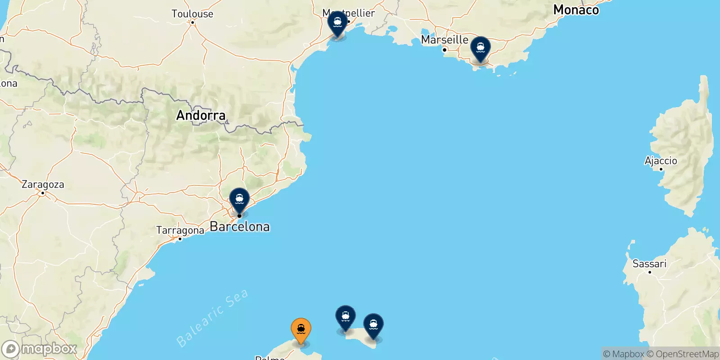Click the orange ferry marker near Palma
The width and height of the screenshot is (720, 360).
(x=301, y=330)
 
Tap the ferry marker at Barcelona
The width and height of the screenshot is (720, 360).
(x=239, y=199)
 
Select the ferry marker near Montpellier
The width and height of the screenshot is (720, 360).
(x=337, y=23)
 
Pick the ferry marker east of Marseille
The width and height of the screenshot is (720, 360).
(x=481, y=48)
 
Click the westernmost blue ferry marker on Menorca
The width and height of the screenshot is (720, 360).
(x=346, y=317)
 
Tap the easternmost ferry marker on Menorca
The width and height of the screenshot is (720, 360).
(x=373, y=325)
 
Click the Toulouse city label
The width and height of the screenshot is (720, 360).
(x=192, y=14)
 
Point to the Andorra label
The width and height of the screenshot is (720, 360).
(x=201, y=116)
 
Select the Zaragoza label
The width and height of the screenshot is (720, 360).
(x=43, y=184)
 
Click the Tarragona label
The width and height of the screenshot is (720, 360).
(x=180, y=230)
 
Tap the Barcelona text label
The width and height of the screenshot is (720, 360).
(x=240, y=227)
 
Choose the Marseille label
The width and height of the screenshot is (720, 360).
(x=445, y=40)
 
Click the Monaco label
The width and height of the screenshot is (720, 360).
(x=576, y=10)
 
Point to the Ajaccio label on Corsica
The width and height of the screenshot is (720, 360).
(x=661, y=161)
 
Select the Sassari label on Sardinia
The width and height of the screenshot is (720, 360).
(x=649, y=264)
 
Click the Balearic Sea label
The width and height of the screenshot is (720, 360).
(x=212, y=318)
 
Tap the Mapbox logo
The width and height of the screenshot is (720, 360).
(x=39, y=349)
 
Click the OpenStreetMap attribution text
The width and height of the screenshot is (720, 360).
(x=683, y=354)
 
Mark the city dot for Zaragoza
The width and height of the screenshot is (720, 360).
(x=43, y=193)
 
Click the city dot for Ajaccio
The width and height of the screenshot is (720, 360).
(x=661, y=169)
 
